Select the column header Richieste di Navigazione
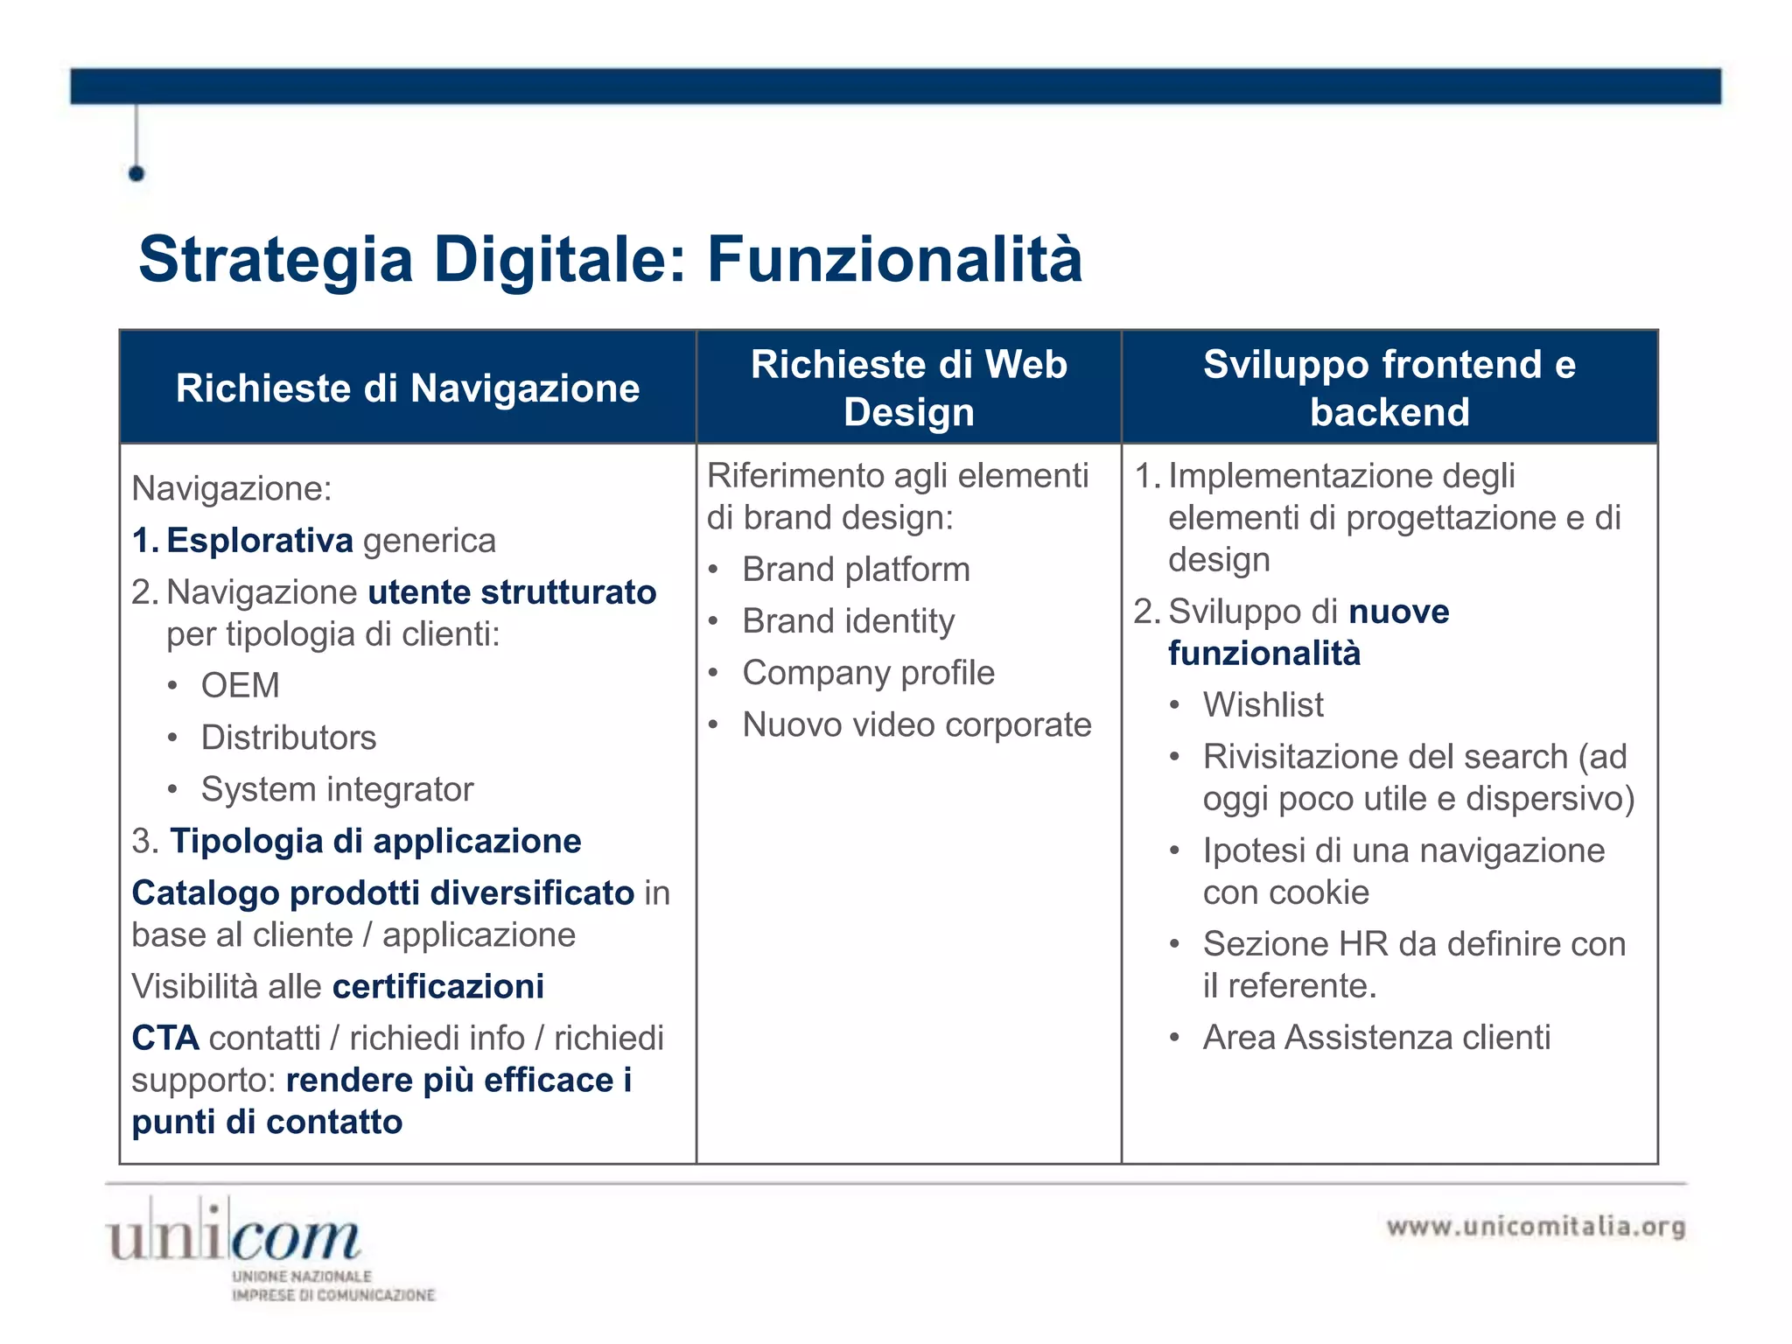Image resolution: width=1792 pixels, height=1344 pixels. tap(408, 388)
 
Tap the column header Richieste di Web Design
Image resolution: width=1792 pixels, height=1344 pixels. tap(908, 388)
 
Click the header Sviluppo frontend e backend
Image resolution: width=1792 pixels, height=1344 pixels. tap(1389, 388)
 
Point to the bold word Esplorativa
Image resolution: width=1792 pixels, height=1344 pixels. tap(260, 541)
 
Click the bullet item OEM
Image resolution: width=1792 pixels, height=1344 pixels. tap(241, 685)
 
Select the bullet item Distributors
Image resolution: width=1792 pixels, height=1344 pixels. tap(289, 738)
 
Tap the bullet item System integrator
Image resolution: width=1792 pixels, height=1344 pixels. tap(337, 789)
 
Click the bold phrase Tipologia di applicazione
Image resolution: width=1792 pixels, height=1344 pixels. tap(375, 841)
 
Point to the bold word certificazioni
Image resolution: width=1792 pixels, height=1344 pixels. tap(438, 986)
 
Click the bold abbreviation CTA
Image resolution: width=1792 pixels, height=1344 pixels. tap(165, 1038)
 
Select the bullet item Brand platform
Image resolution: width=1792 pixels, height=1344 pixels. tap(856, 570)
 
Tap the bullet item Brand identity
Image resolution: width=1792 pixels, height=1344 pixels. tap(848, 621)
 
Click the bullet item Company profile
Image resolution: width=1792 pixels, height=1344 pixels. tap(868, 673)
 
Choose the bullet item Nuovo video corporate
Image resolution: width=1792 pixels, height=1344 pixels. tap(916, 724)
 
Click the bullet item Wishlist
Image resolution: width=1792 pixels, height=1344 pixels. tap(1263, 704)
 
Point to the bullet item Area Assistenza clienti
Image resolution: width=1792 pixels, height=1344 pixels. tap(1375, 1038)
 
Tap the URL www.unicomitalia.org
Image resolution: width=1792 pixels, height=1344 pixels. tap(1536, 1227)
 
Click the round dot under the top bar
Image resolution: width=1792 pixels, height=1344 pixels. tap(136, 173)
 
